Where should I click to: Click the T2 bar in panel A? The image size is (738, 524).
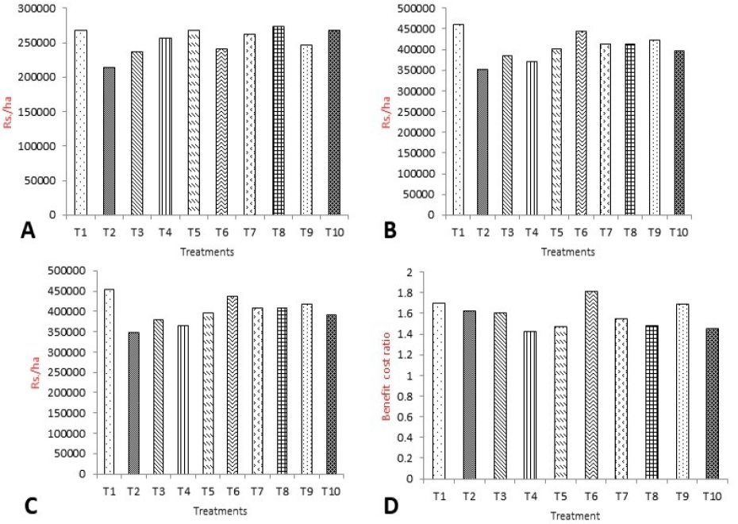pyautogui.click(x=109, y=141)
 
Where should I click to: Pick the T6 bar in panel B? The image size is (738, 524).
pyautogui.click(x=580, y=123)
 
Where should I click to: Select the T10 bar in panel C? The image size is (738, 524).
pyautogui.click(x=332, y=395)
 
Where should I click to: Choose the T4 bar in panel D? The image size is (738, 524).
pyautogui.click(x=530, y=406)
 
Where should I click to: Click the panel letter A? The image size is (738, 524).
pyautogui.click(x=29, y=231)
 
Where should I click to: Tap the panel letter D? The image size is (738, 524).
pyautogui.click(x=390, y=505)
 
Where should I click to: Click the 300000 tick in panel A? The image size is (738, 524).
pyautogui.click(x=37, y=9)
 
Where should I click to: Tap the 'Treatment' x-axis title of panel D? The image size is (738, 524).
pyautogui.click(x=575, y=516)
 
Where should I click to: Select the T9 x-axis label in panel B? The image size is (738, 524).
pyautogui.click(x=654, y=232)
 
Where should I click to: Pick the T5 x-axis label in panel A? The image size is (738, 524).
pyautogui.click(x=194, y=232)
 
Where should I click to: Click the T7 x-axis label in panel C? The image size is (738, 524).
pyautogui.click(x=257, y=491)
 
